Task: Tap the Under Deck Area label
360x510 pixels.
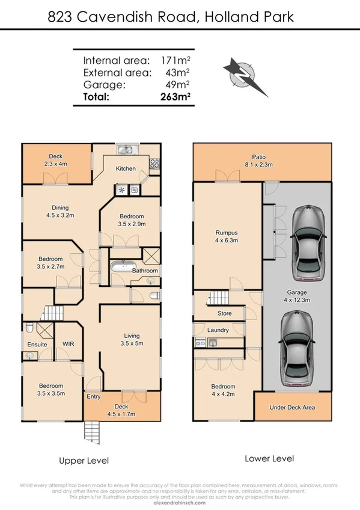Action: point(292,408)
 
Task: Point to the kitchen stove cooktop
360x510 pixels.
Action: point(154,162)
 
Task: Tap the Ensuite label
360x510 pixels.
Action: point(37,345)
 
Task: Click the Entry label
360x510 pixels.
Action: point(94,396)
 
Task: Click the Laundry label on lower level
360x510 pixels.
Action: point(217,330)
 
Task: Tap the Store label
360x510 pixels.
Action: point(224,313)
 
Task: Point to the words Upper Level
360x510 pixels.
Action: point(84,461)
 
